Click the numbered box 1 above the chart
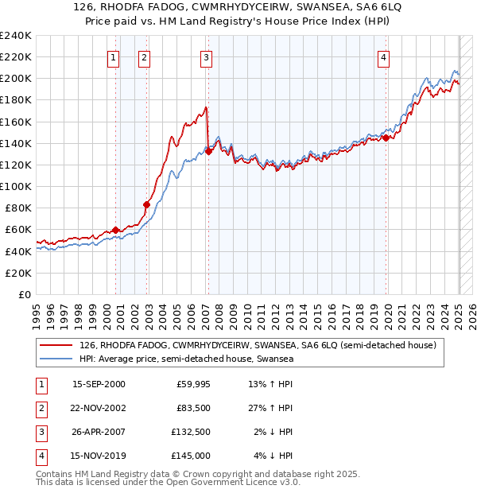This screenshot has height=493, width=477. [x=114, y=57]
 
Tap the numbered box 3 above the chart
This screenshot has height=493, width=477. [x=206, y=57]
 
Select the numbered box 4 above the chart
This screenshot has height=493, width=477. [x=383, y=57]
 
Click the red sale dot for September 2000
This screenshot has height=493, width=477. [x=116, y=230]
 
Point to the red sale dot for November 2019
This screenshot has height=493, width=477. [x=386, y=138]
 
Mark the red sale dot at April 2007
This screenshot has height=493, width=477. [x=208, y=151]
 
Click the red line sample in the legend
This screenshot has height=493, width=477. [x=56, y=346]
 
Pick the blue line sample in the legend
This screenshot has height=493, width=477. [x=56, y=359]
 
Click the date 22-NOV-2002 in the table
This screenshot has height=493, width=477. [x=99, y=408]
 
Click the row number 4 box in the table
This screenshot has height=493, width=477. [x=41, y=456]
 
